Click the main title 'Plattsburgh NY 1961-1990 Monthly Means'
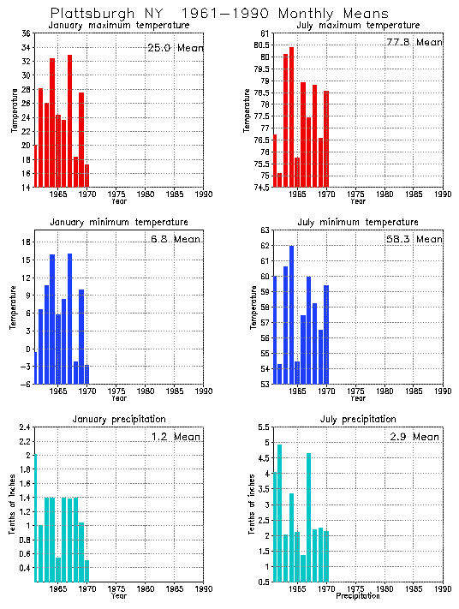[219, 14]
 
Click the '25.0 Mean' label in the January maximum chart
[176, 48]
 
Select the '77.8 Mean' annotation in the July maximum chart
[415, 42]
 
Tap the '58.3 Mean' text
[415, 240]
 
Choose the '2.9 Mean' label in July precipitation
[415, 437]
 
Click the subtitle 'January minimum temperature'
[118, 223]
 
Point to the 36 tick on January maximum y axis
[26, 33]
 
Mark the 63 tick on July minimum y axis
[265, 230]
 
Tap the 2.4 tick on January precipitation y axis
[25, 427]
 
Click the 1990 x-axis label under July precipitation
[443, 589]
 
